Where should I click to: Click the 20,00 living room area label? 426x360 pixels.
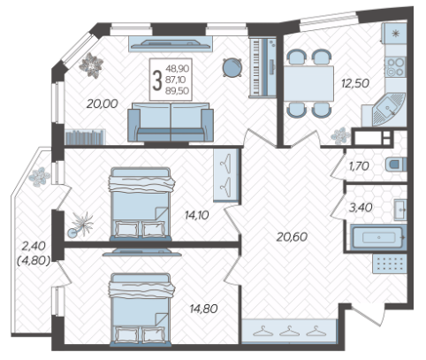tap(103, 103)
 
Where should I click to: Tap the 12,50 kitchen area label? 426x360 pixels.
tap(355, 83)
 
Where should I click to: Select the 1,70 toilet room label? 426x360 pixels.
tap(359, 166)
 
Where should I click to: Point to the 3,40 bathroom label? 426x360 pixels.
tap(361, 208)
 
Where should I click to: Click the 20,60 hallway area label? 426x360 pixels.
tap(292, 237)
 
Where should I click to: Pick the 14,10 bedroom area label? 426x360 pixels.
tap(197, 215)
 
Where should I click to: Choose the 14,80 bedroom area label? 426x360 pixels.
tap(204, 309)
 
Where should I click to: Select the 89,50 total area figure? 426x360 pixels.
tap(177, 91)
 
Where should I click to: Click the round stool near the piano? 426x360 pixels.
tap(232, 67)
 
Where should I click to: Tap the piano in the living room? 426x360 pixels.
tap(262, 67)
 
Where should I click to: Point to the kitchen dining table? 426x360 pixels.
tap(308, 84)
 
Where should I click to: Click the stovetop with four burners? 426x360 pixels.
tap(395, 67)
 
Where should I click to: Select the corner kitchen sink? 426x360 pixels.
tap(388, 109)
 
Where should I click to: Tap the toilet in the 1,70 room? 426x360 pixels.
tap(396, 165)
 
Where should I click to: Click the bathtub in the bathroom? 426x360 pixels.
tap(378, 237)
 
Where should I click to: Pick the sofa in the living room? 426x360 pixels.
tap(171, 122)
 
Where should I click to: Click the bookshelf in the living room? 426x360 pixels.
tap(85, 137)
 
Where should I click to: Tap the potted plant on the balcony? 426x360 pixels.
tap(39, 176)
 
